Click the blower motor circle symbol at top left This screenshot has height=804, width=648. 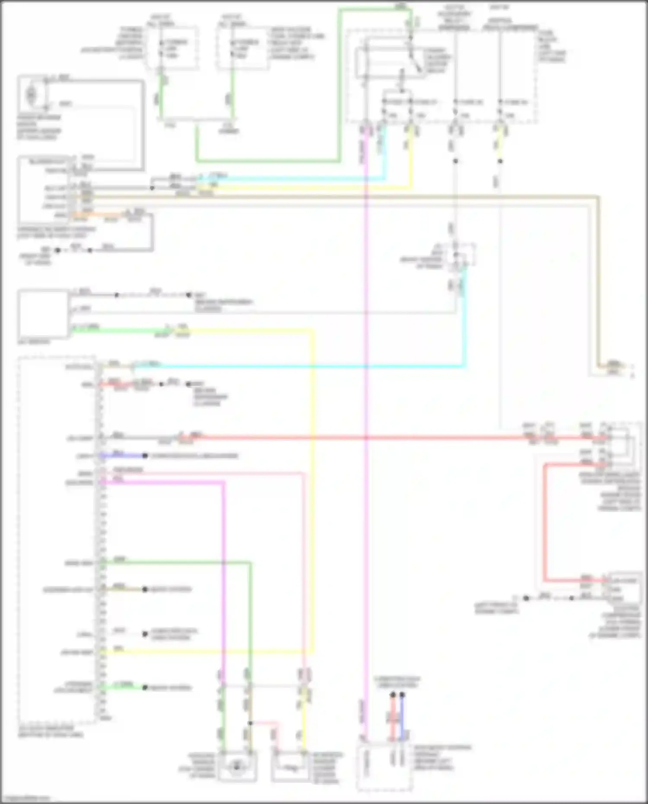pos(32,94)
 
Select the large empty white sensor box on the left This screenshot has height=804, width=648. pos(43,314)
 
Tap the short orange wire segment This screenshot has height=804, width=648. pos(99,214)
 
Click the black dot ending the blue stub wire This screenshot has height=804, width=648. pos(145,456)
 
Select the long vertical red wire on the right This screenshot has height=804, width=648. pos(545,523)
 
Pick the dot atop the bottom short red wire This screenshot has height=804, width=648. pos(393,695)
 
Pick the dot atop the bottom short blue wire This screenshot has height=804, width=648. pos(402,695)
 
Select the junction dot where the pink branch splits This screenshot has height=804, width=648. pos(250,723)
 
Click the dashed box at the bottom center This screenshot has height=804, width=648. pos(384,767)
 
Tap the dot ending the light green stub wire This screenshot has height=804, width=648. pos(145,687)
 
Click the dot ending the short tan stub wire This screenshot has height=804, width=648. pos(145,589)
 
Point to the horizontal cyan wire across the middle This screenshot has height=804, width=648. pos(302,367)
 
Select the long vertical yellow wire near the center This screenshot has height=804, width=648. pos(312,488)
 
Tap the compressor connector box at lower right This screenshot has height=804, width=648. pos(624,589)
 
